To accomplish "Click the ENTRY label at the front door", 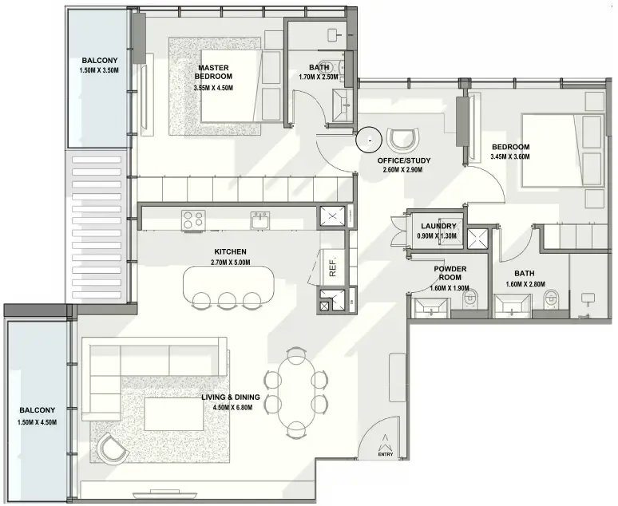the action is tap(385, 454).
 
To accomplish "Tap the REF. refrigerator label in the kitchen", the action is tap(333, 267).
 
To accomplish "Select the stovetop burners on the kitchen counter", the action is tap(193, 220).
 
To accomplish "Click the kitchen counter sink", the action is tap(259, 220).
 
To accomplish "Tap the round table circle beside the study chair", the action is tap(369, 139).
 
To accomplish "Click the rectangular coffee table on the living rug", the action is tap(168, 413).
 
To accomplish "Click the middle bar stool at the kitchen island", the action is tap(226, 300).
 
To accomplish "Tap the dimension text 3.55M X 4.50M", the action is tap(213, 88).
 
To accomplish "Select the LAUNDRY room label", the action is tap(438, 226).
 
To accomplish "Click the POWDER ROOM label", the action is tap(450, 273).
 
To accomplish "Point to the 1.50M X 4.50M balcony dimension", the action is tap(37, 422).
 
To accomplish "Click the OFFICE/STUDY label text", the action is tap(404, 160).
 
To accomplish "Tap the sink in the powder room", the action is tap(431, 307).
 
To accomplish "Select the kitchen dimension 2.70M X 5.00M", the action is tap(230, 263).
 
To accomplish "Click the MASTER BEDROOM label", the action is tap(213, 72).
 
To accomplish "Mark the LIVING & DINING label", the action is tap(231, 397).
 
